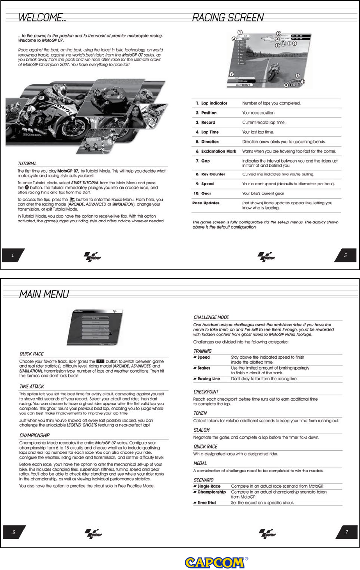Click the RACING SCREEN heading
(x=228, y=18)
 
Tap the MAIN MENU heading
(x=44, y=294)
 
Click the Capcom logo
(x=215, y=563)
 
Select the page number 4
(x=12, y=255)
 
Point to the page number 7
(x=346, y=532)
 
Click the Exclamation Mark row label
(x=218, y=151)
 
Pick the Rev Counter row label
(x=213, y=174)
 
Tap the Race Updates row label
(x=206, y=203)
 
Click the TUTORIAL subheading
(x=27, y=163)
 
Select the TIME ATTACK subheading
(x=32, y=386)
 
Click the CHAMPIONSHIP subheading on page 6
(x=34, y=435)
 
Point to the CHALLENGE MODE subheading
(x=211, y=317)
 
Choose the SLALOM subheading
(x=202, y=430)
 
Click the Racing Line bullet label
(x=209, y=379)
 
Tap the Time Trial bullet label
(x=206, y=503)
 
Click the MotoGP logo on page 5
(x=266, y=256)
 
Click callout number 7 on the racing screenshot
(x=231, y=74)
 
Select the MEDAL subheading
(x=200, y=463)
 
